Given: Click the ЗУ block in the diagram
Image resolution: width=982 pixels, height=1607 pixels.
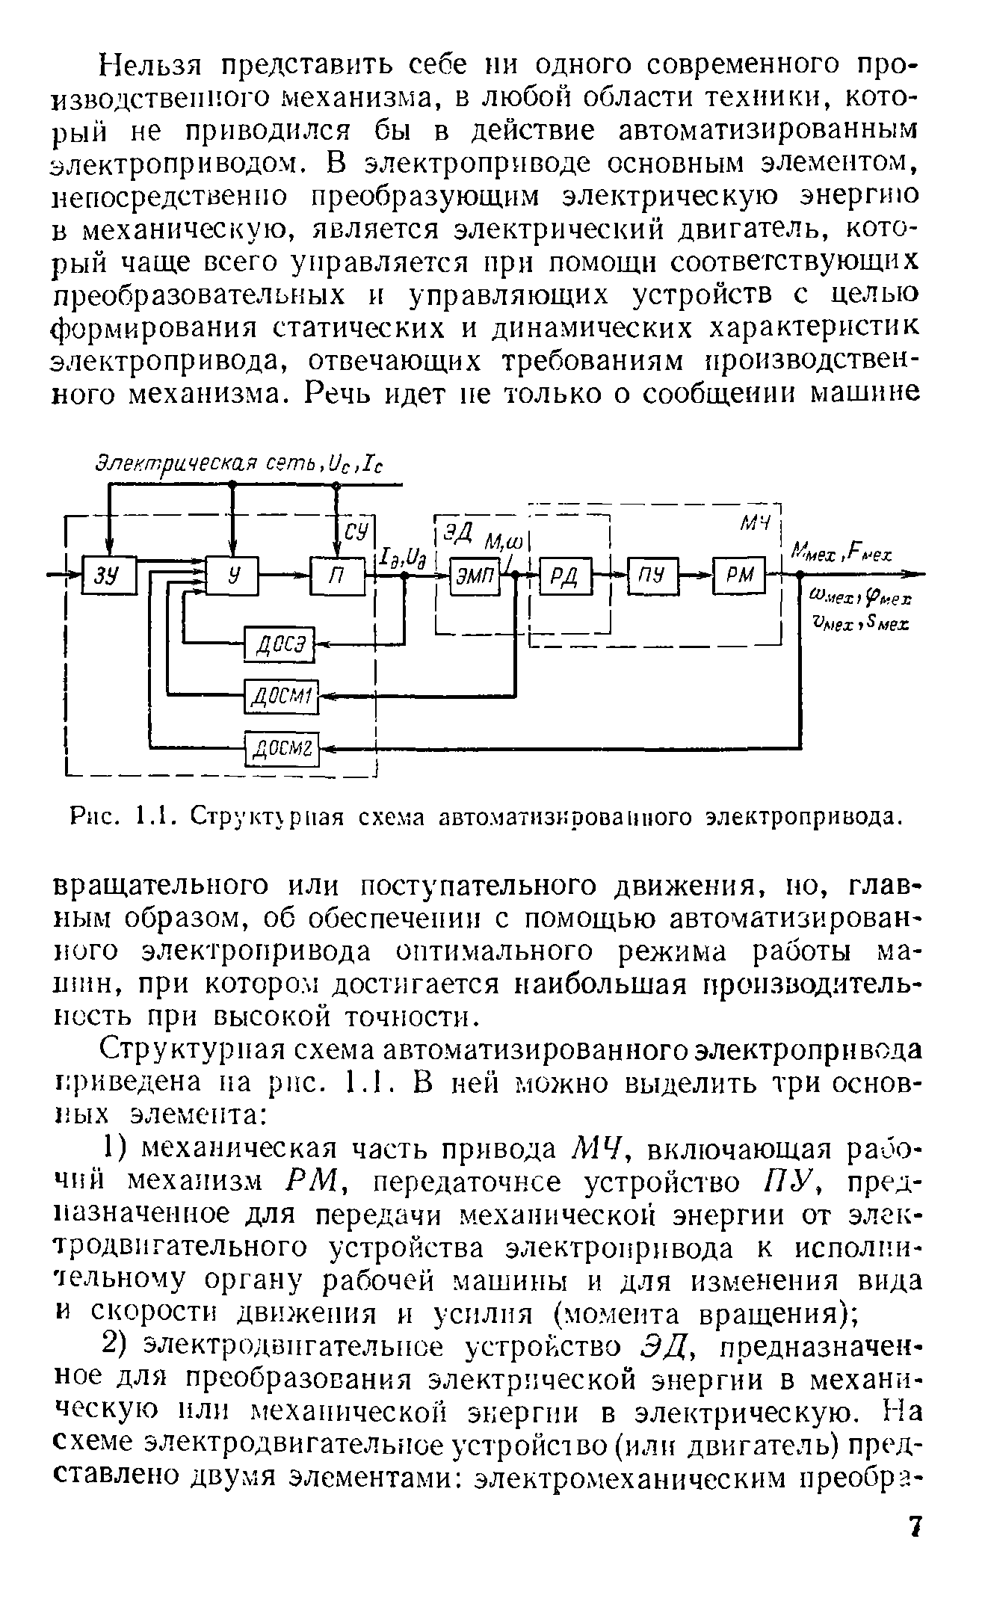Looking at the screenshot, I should pyautogui.click(x=110, y=574).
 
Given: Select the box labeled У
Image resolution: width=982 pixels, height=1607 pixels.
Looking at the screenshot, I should pyautogui.click(x=232, y=574).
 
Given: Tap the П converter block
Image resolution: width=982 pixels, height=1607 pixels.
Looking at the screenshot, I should pyautogui.click(x=337, y=576).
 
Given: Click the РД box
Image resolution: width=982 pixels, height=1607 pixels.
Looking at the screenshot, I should pyautogui.click(x=564, y=576).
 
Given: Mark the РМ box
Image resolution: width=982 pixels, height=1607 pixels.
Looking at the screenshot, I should pyautogui.click(x=740, y=576).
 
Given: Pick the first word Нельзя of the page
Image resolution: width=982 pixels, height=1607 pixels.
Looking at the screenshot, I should pyautogui.click(x=151, y=64).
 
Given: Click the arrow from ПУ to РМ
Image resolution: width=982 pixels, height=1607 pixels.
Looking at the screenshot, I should pyautogui.click(x=695, y=576).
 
